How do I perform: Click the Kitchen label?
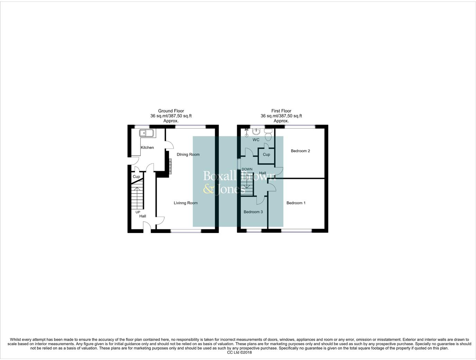147,147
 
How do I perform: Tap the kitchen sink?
146,133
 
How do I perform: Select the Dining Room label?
188,154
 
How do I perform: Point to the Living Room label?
185,203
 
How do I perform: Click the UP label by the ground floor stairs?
138,212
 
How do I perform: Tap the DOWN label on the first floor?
247,169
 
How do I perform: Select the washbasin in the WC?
256,132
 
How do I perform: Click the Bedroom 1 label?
296,203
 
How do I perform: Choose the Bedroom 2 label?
300,151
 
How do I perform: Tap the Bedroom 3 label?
253,212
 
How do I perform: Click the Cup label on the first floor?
266,154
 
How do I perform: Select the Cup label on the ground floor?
136,177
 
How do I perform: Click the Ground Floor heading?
171,111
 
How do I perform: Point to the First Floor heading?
281,111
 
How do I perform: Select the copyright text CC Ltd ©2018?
239,353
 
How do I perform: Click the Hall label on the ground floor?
143,216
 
